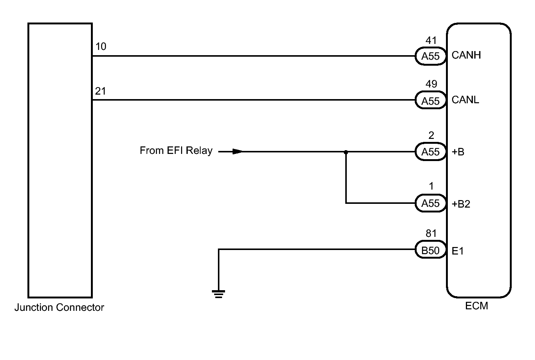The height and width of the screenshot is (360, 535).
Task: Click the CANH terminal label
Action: tap(466, 55)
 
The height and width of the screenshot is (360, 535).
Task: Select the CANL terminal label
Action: tap(465, 100)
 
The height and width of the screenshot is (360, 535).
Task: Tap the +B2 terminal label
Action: tap(461, 204)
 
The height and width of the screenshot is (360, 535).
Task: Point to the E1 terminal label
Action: tap(458, 251)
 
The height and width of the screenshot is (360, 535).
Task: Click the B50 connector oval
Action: tap(431, 250)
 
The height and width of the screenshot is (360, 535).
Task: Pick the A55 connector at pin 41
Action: tap(431, 56)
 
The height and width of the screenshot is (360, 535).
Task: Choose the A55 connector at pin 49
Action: tap(431, 101)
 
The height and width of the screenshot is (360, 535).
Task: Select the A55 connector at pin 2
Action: tap(431, 152)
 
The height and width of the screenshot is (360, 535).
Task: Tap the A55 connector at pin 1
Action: tap(431, 203)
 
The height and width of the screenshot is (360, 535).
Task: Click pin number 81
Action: tap(431, 233)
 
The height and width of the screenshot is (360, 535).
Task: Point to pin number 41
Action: tap(431, 40)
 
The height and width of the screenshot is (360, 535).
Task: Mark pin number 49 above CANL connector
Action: tap(431, 84)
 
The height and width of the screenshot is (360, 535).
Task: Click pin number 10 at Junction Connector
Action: tap(101, 47)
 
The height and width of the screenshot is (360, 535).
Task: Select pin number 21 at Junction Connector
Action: tap(100, 91)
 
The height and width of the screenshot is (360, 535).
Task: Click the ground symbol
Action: tap(219, 294)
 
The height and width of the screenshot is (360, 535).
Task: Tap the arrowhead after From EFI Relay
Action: tap(237, 152)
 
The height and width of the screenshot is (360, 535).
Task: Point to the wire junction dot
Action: tap(346, 152)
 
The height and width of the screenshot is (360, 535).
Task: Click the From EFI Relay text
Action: tap(176, 151)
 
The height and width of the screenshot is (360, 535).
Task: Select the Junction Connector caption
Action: tap(59, 307)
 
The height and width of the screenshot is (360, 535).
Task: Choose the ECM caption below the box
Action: tap(476, 306)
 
